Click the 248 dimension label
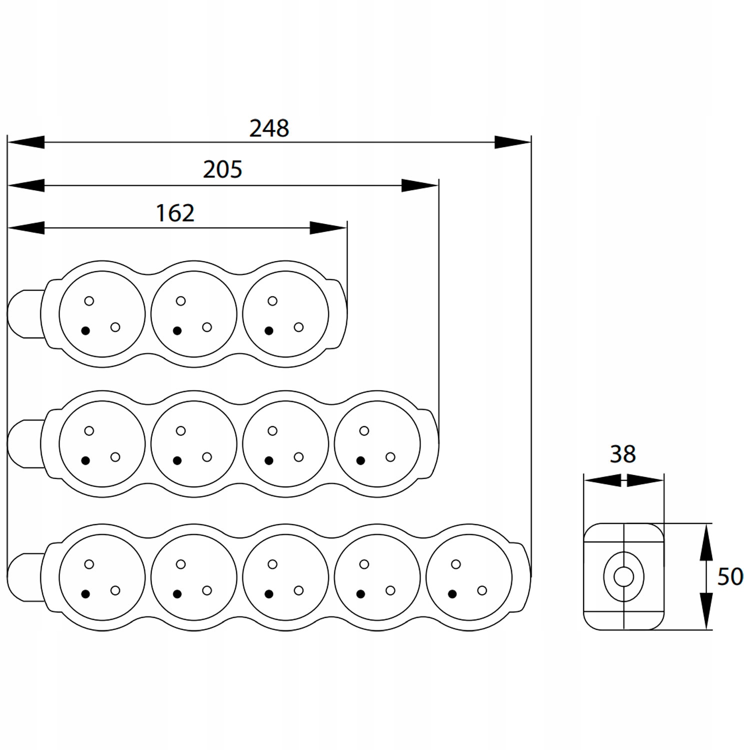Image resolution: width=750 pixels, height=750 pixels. point(269,128)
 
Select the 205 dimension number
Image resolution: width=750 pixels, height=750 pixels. point(222,170)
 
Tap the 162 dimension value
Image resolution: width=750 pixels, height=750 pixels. point(175,213)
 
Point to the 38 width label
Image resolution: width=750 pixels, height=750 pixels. point(622,454)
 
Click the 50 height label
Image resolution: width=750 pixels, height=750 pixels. point(730,576)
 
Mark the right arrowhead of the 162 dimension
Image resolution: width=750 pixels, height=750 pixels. point(328,228)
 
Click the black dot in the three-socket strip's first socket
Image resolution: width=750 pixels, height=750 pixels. point(85,330)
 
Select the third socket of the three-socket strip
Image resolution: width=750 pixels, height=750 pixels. point(285,314)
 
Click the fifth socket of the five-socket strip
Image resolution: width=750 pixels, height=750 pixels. point(469,577)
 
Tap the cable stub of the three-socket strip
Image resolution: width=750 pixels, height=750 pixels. point(22,314)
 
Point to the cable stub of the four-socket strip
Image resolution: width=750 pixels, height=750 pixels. point(22,444)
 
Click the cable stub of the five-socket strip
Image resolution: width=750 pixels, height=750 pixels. point(22,577)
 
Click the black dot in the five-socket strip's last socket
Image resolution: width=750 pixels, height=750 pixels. point(452,594)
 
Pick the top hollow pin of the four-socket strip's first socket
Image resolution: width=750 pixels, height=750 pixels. point(89,430)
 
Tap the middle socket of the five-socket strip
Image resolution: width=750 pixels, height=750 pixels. point(285,577)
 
